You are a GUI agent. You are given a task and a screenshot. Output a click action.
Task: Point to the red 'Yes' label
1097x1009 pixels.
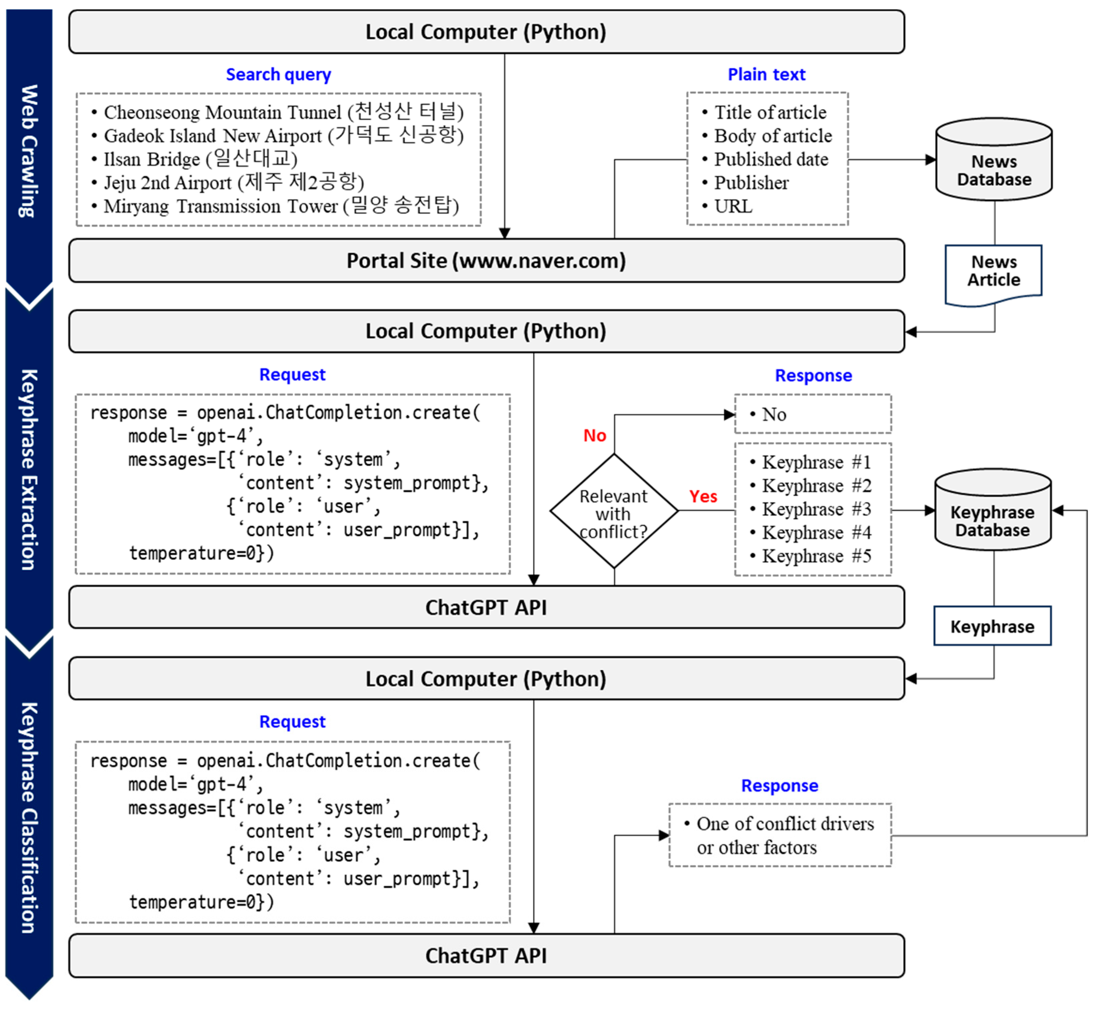(x=703, y=496)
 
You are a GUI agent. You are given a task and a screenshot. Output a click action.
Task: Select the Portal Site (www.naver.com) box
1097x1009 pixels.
(x=486, y=260)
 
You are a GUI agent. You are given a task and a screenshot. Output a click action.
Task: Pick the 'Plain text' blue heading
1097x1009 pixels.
(x=766, y=74)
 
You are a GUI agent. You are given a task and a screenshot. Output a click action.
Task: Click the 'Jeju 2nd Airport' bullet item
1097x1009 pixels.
(x=233, y=182)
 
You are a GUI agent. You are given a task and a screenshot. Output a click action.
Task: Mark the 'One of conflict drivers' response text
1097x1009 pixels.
(x=785, y=823)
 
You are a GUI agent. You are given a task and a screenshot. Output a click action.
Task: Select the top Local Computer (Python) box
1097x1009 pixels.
(x=486, y=32)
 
